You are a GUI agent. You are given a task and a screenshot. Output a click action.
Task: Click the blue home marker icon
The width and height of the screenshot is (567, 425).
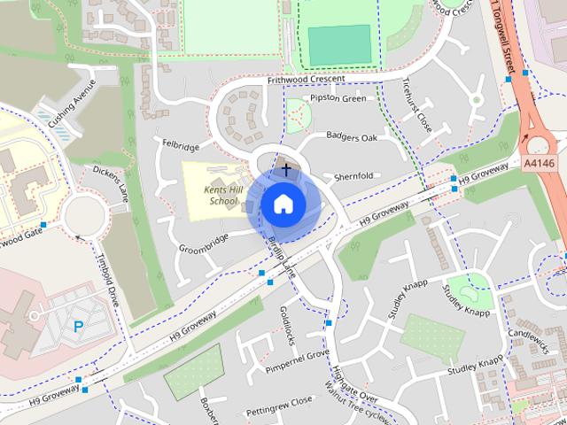click(283, 204)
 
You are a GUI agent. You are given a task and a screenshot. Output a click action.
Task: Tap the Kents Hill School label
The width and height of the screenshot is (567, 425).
click(212, 196)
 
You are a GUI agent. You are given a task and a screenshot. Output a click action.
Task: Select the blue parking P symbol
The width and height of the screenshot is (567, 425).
click(78, 327)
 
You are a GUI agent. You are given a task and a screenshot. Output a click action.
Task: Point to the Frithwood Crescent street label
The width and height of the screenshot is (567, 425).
click(307, 80)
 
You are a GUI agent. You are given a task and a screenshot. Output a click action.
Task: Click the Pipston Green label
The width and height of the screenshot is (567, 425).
click(338, 98)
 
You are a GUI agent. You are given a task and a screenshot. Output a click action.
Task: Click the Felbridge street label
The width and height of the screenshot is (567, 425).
click(181, 143)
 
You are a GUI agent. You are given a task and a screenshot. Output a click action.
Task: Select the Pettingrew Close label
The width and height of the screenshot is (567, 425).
click(279, 400)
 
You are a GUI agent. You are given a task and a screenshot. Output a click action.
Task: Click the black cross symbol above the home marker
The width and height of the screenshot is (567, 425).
click(286, 167)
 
